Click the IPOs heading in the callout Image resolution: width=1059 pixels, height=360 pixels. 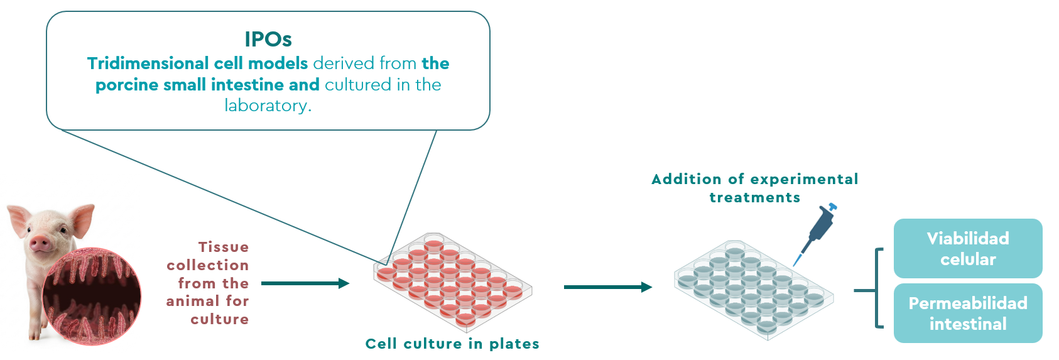268,39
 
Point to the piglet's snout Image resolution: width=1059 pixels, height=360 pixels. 40,243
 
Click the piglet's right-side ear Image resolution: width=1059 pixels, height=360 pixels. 82,217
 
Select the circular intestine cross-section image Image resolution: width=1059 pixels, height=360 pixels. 92,296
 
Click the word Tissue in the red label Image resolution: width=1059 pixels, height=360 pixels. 223,247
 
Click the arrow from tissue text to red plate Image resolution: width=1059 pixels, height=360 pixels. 305,283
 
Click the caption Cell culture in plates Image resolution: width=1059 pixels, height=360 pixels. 452,344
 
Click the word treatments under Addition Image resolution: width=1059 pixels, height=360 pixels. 754,198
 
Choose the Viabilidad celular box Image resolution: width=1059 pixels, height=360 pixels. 967,248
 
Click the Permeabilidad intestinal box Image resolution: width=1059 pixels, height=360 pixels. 967,313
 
